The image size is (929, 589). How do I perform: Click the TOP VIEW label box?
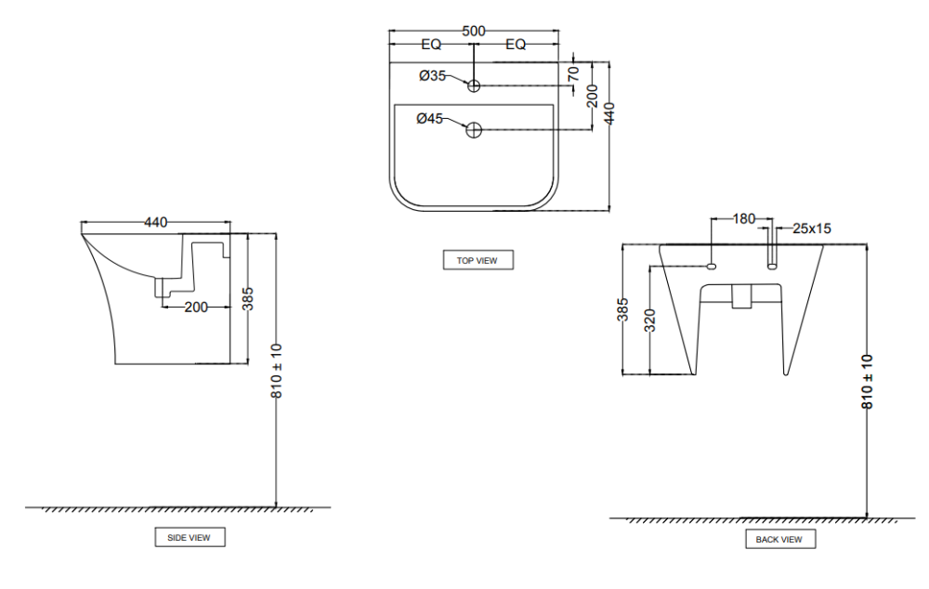(478, 260)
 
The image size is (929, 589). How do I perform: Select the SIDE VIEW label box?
(189, 537)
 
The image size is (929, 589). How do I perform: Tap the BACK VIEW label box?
(779, 539)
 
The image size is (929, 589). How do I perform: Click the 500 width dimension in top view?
(474, 32)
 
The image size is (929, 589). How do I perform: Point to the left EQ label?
(431, 44)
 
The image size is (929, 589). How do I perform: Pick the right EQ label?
(516, 44)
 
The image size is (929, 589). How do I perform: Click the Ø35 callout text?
(433, 76)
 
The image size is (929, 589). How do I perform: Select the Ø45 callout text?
(430, 118)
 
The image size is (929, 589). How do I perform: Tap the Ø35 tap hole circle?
(474, 86)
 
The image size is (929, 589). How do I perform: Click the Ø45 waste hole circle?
(474, 130)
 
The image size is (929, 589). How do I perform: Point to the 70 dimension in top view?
(573, 71)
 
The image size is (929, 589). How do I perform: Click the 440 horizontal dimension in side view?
(156, 222)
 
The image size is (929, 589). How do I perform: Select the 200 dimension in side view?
(196, 307)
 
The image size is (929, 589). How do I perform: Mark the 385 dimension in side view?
(248, 299)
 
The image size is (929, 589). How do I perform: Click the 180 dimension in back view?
(744, 219)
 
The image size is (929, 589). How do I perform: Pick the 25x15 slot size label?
(811, 228)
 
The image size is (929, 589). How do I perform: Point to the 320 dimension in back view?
(649, 321)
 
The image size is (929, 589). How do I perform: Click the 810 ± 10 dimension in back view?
(867, 381)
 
